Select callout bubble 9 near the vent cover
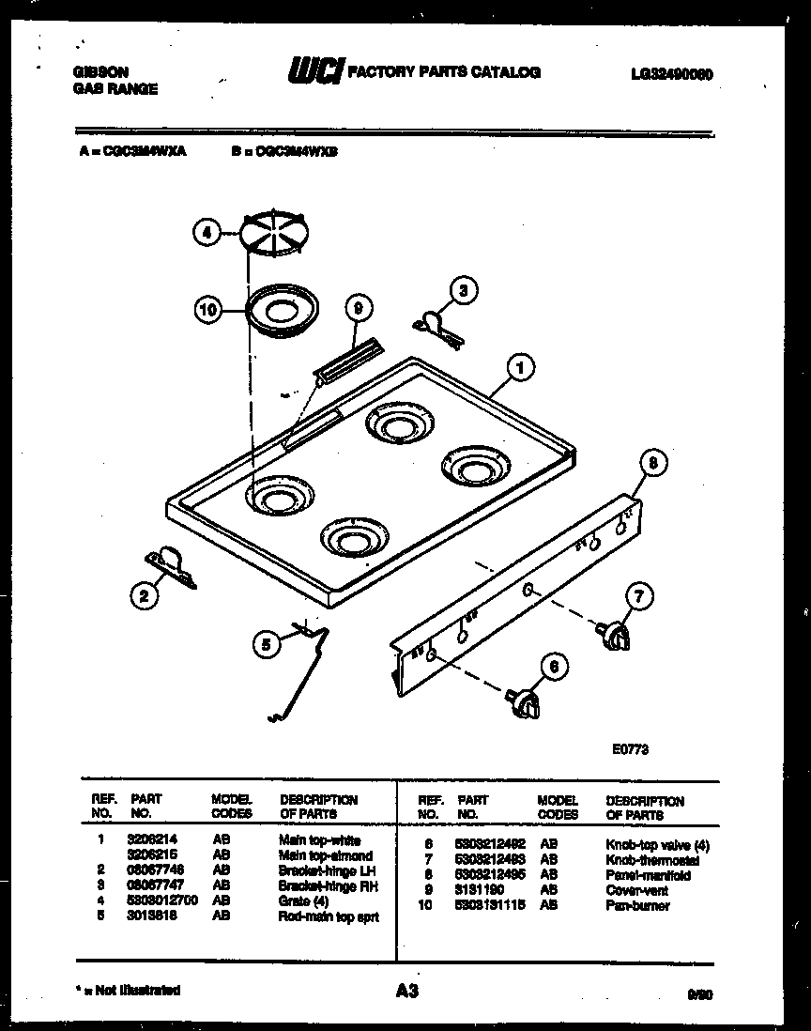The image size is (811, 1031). [358, 308]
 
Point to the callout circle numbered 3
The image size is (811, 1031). [460, 291]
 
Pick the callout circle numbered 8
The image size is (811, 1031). [653, 462]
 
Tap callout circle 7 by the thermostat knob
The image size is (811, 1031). [638, 595]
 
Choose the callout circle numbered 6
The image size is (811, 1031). [554, 667]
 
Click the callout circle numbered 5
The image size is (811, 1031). [267, 644]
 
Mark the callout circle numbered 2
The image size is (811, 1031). [143, 593]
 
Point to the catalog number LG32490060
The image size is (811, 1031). [673, 73]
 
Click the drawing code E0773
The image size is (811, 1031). [630, 749]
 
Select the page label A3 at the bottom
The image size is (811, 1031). [406, 990]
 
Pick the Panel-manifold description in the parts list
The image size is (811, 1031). [649, 875]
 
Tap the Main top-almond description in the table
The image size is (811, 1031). [326, 855]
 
